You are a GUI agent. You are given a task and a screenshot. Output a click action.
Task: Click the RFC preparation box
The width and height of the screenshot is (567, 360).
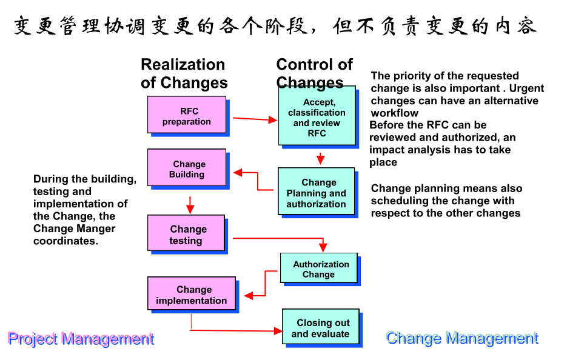(187, 115)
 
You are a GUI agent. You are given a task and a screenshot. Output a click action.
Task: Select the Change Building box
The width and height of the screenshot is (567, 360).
(187, 168)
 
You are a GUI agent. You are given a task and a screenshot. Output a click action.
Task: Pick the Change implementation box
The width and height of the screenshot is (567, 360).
(191, 295)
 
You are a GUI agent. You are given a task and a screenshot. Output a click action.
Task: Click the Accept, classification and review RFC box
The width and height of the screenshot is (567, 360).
(317, 117)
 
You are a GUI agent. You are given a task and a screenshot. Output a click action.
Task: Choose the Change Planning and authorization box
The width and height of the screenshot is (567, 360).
(316, 192)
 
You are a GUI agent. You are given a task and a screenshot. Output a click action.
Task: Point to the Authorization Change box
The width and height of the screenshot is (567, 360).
(319, 269)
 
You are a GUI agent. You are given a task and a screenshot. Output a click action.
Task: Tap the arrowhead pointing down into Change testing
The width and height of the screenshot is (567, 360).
(190, 208)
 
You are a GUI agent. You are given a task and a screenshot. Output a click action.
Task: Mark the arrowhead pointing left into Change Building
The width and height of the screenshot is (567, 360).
(238, 173)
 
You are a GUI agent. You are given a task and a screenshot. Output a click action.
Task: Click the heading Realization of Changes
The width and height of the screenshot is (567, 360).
(184, 73)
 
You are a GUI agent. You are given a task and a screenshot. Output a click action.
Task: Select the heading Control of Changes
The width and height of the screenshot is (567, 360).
(314, 73)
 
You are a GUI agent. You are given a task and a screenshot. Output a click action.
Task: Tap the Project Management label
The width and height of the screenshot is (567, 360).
(81, 339)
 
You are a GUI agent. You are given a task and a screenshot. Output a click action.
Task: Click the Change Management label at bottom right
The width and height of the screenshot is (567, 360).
(462, 338)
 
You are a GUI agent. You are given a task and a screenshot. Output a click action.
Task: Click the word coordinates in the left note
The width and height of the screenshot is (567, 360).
(65, 241)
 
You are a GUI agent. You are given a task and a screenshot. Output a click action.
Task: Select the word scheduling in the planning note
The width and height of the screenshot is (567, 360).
(402, 201)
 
